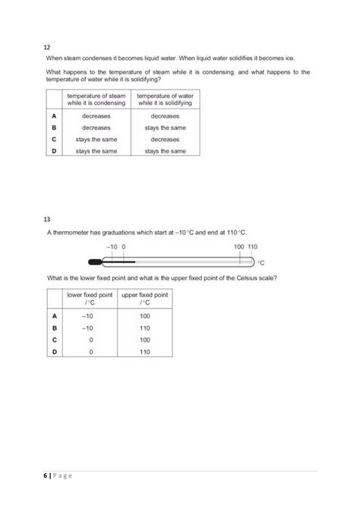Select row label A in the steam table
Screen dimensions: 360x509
[54, 116]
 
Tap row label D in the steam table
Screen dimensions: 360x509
[54, 151]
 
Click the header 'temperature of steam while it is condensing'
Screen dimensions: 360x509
[98, 100]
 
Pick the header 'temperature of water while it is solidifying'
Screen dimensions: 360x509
[165, 100]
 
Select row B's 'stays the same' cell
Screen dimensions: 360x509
[165, 128]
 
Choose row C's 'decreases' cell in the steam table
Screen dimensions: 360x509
[165, 140]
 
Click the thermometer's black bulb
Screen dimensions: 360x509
[95, 262]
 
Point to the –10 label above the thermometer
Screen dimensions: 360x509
[112, 248]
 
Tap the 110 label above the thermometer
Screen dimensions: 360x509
[253, 248]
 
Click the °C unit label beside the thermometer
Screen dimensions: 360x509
[261, 263]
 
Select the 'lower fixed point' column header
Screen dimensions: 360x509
[90, 297]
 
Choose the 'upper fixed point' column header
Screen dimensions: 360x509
[145, 297]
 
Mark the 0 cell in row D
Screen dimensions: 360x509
[90, 353]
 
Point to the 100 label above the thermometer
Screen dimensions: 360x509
[238, 248]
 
